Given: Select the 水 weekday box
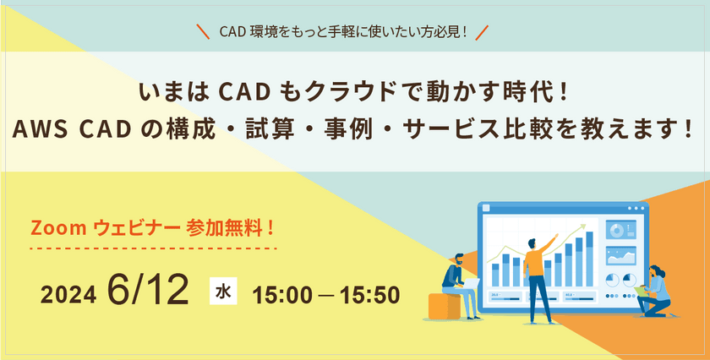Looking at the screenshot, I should [x=223, y=292].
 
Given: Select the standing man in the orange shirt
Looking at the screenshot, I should [x=537, y=270].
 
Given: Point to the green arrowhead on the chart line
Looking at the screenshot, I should [x=581, y=226].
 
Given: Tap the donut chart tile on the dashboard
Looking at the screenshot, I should [x=620, y=230].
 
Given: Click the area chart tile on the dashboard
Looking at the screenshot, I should [x=620, y=254].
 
